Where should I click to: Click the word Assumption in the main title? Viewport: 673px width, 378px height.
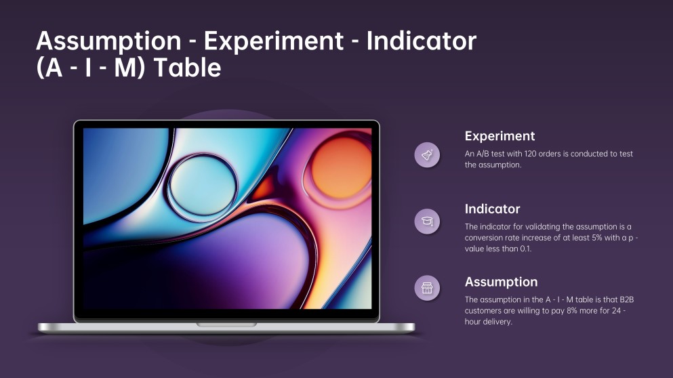tap(109, 41)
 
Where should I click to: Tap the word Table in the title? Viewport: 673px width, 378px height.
tap(188, 68)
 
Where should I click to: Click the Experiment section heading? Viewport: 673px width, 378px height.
tap(499, 136)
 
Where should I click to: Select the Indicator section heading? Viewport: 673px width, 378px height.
tap(492, 209)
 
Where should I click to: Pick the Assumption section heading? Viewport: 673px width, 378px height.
tap(502, 282)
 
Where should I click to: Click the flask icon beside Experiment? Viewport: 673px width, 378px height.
tap(427, 155)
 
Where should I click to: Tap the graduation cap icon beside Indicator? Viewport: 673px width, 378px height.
tap(427, 222)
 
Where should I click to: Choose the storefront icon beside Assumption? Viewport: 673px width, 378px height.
tap(427, 288)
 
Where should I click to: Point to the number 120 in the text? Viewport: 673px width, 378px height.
tap(531, 154)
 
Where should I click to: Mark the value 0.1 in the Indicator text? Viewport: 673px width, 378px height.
tap(525, 249)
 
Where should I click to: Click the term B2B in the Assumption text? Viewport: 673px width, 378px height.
tap(627, 299)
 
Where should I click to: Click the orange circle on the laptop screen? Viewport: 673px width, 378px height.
tap(341, 167)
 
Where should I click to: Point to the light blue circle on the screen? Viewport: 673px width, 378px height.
tap(203, 188)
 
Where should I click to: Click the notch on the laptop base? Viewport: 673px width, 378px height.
tap(226, 324)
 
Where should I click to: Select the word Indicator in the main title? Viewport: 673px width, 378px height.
tap(422, 41)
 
